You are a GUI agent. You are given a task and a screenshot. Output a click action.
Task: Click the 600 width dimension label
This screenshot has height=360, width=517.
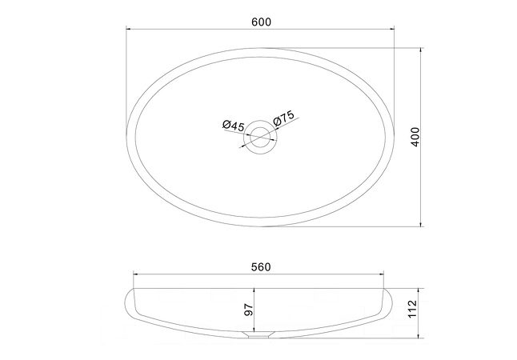click(261, 22)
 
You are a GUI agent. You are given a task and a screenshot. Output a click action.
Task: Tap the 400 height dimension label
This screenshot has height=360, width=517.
click(415, 137)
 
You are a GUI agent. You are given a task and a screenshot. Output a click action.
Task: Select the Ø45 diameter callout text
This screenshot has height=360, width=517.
click(234, 126)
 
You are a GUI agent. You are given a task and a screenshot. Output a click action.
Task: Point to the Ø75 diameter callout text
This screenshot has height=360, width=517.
click(284, 118)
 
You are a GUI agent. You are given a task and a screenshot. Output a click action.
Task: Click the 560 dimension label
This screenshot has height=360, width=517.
click(261, 267)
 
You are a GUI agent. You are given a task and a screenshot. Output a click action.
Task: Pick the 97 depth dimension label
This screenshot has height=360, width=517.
click(249, 310)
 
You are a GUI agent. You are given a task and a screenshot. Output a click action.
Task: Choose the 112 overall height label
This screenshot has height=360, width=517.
click(413, 310)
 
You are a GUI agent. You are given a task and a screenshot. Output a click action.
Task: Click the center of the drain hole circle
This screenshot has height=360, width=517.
click(260, 137)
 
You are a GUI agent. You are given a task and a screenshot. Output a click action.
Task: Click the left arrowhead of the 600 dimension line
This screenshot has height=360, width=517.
click(129, 29)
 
